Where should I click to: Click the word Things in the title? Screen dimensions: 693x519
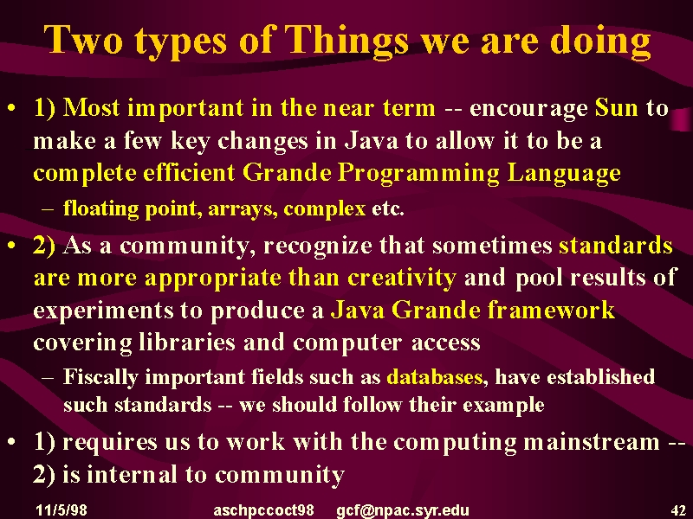[x=346, y=41]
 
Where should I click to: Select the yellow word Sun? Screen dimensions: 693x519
[x=617, y=107]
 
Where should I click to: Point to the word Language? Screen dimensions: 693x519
[x=564, y=174]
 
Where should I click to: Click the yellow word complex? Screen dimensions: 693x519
[x=324, y=209]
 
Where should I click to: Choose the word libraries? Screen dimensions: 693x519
[x=187, y=343]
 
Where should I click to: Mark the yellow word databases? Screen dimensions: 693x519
[x=435, y=377]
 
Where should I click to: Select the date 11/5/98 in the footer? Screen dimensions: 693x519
[x=62, y=510]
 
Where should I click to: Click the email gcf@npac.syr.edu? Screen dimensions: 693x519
[x=402, y=511]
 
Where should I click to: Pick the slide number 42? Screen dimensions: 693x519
[x=678, y=510]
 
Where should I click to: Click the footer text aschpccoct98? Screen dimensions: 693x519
[x=263, y=511]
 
